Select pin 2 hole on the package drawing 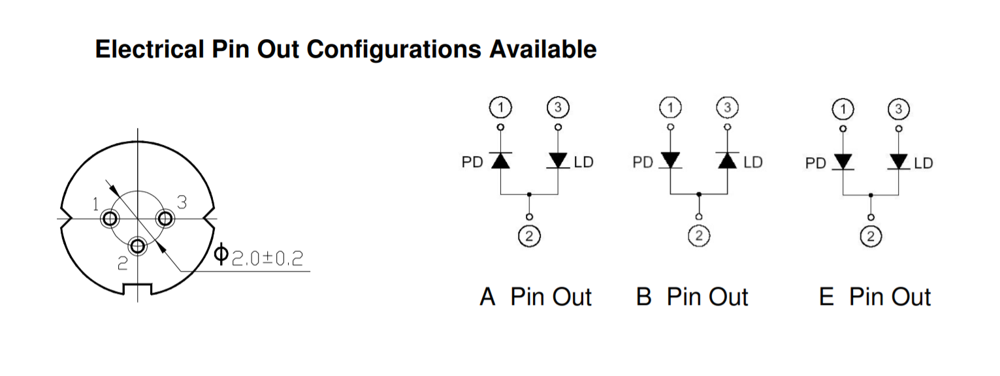[x=138, y=246]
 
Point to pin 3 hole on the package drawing [x=165, y=218]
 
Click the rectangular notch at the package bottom [x=138, y=289]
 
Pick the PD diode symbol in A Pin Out [x=501, y=161]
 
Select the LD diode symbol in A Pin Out [x=558, y=161]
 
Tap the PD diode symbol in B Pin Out [x=671, y=161]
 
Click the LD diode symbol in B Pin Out [x=728, y=161]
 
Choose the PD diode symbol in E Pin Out [x=843, y=161]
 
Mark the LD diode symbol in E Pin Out [x=899, y=161]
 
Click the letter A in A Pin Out [x=488, y=297]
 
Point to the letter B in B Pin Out [x=644, y=297]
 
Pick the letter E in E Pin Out [x=826, y=297]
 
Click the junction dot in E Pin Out [x=871, y=195]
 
